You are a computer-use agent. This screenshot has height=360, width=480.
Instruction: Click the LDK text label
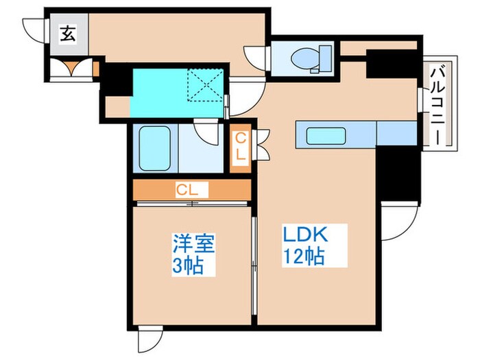point(305,235)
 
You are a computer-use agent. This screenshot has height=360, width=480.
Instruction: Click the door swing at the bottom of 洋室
point(149,339)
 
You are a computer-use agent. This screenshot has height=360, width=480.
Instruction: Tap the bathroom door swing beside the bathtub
point(206,131)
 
